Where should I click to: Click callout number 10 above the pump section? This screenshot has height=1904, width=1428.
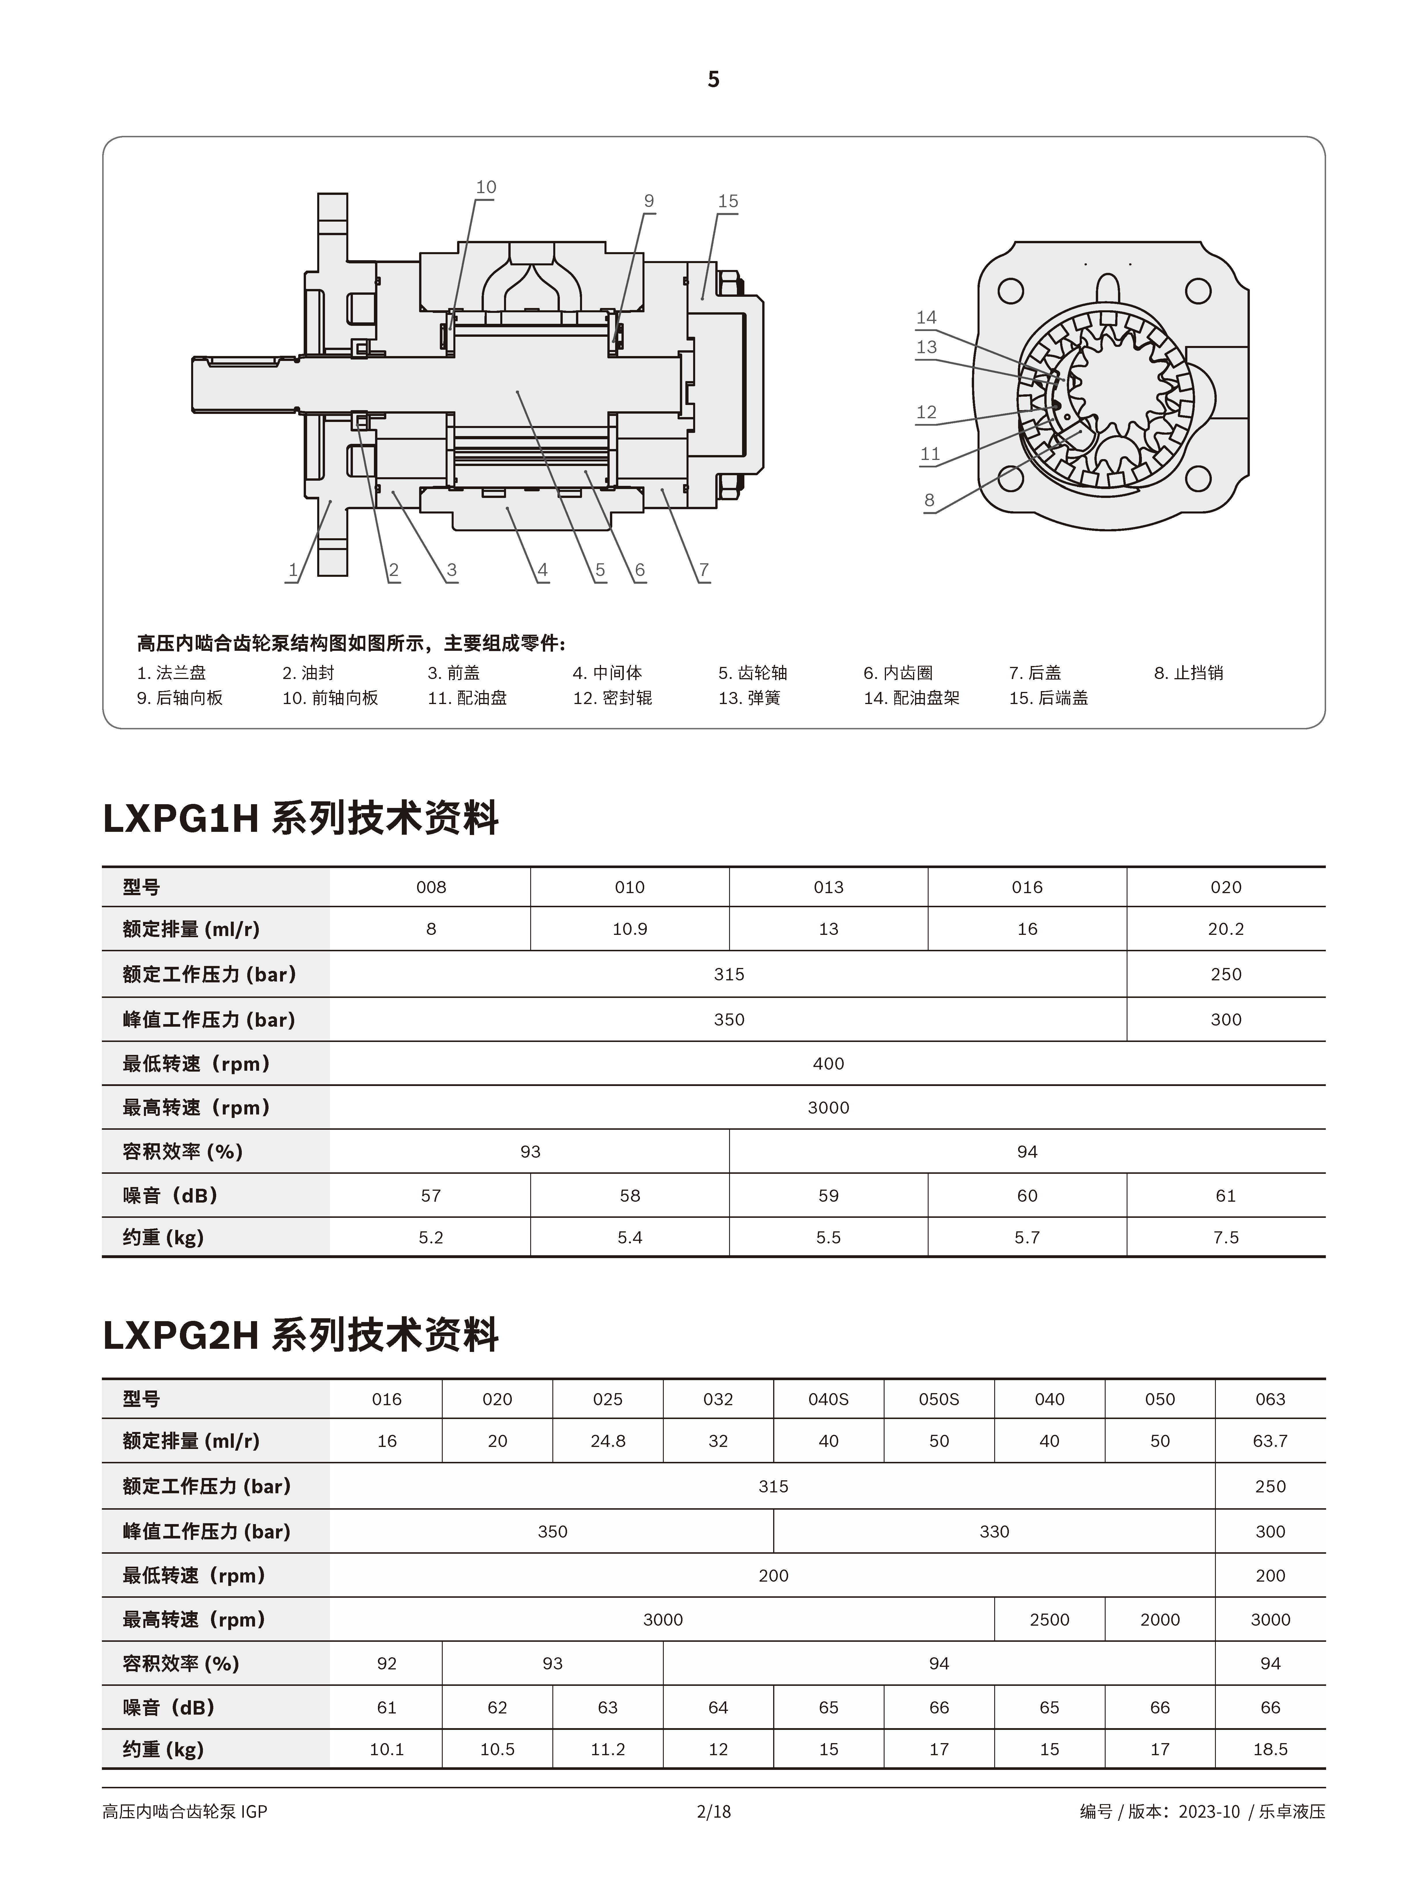click(x=486, y=187)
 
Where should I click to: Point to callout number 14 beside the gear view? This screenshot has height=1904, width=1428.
click(x=926, y=317)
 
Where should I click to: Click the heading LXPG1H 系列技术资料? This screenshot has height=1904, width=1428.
click(x=301, y=818)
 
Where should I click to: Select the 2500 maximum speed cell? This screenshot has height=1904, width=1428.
click(x=1049, y=1620)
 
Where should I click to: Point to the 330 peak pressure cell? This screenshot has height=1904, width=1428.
click(x=994, y=1531)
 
